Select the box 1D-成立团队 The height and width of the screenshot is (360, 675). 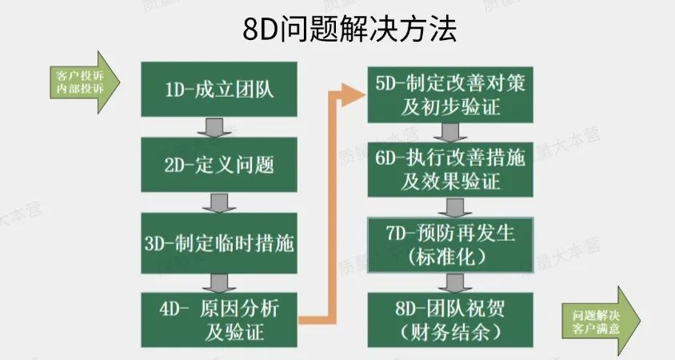click(218, 88)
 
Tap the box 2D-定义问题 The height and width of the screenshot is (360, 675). click(218, 164)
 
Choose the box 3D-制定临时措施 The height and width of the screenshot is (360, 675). click(218, 242)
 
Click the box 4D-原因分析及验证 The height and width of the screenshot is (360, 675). click(218, 318)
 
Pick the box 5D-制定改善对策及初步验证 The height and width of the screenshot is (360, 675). click(450, 94)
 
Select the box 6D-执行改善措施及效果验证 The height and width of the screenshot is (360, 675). click(450, 170)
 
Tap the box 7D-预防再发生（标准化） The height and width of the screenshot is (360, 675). click(450, 243)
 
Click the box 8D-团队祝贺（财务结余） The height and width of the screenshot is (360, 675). click(450, 318)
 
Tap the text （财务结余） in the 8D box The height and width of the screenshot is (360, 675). click(449, 330)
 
